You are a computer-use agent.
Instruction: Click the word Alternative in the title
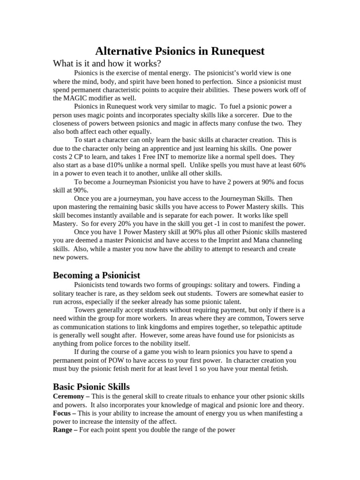coord(126,51)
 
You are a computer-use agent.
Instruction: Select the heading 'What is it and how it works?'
coord(107,63)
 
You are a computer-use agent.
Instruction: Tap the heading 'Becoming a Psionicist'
coord(97,275)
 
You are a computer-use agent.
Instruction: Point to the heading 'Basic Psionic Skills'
coord(91,387)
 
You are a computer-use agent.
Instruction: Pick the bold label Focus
coord(63,413)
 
